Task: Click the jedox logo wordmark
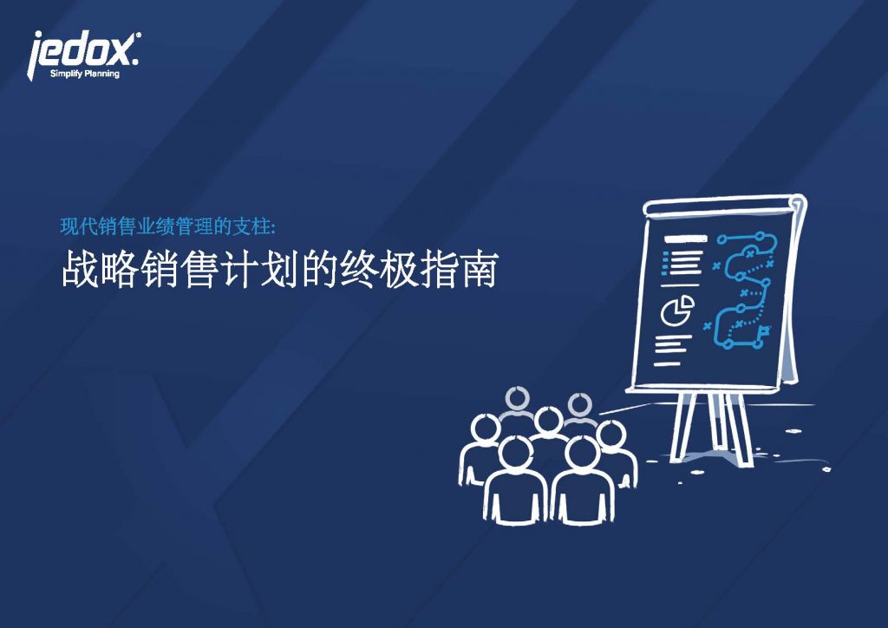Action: [82, 51]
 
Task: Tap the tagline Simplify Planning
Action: [85, 74]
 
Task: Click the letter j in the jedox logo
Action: [36, 56]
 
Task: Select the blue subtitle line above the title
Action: [168, 226]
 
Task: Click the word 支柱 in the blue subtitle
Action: [252, 226]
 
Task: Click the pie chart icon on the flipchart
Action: [677, 311]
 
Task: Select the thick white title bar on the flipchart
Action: [686, 239]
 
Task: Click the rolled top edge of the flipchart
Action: [724, 205]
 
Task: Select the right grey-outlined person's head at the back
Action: [578, 405]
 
